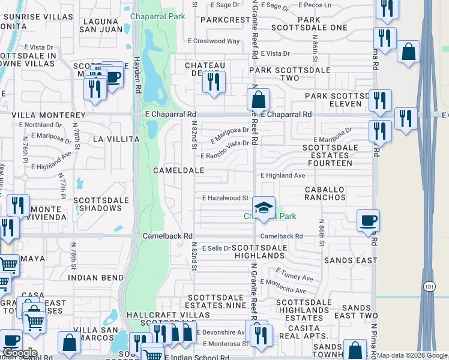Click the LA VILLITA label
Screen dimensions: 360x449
[116, 139]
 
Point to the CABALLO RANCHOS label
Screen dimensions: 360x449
[325, 193]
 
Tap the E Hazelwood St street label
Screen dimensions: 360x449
[225, 197]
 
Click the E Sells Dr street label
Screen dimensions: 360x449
[216, 248]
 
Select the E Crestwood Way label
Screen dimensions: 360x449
[213, 41]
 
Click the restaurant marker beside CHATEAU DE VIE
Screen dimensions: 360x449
[213, 82]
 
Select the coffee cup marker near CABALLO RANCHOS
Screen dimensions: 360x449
[367, 220]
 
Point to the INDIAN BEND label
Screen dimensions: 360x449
[95, 278]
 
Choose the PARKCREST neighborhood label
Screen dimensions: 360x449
[225, 20]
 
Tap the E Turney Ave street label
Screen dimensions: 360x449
[294, 277]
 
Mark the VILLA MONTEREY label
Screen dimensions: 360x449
[47, 115]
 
